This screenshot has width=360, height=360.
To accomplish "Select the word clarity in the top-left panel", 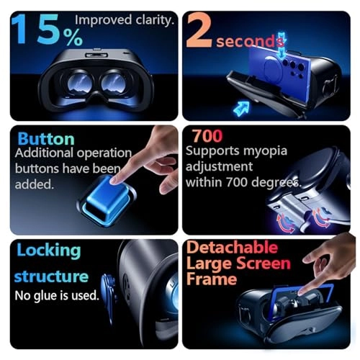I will coord(153,20).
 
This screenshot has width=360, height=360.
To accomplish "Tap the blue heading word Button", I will coord(46,138).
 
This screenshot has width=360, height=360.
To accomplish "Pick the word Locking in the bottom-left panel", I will coord(48,251).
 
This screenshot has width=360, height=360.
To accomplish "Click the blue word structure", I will coord(51,276).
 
